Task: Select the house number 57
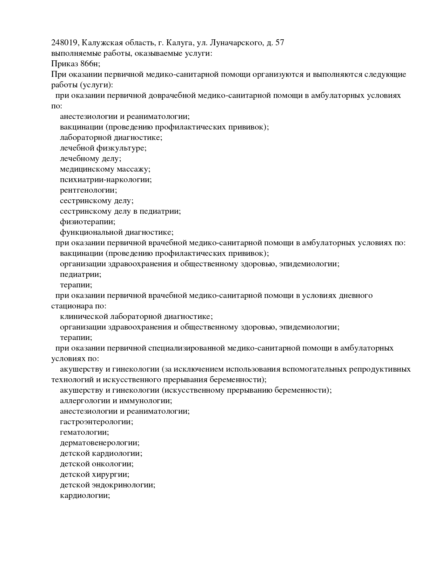pos(280,43)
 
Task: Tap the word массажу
pos(134,169)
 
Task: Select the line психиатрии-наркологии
pos(106,180)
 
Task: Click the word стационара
pos(69,306)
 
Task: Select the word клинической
pos(84,317)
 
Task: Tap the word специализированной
pos(186,348)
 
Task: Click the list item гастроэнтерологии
pos(96,422)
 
